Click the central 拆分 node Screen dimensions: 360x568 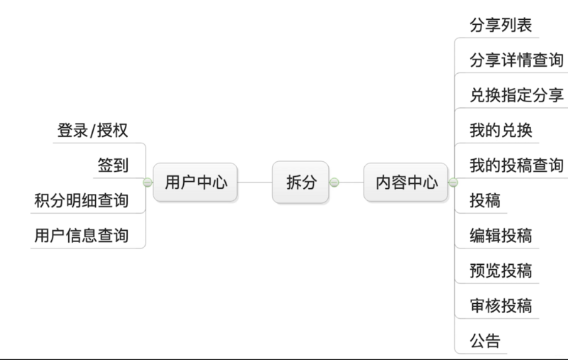pos(301,182)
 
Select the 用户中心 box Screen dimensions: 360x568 pos(195,182)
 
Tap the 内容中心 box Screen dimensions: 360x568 pos(406,182)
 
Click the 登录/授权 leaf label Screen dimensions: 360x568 pos(92,131)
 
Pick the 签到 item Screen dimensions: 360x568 pos(113,165)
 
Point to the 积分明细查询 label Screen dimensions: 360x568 pos(81,200)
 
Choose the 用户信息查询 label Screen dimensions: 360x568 pos(81,235)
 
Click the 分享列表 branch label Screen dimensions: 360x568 pos(501,26)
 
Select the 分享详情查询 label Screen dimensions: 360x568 pos(516,60)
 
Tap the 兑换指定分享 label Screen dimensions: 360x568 pos(516,95)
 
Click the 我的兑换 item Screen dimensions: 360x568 pos(501,131)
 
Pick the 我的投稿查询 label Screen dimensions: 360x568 pos(516,165)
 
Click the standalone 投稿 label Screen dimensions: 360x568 pos(485,200)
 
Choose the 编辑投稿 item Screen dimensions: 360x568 pos(501,235)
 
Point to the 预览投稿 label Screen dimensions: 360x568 pos(501,271)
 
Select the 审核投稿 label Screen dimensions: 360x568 pos(501,305)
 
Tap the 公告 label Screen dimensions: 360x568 pos(485,340)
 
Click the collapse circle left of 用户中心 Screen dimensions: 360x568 pos(148,182)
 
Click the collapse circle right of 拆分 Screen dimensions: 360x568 pos(334,182)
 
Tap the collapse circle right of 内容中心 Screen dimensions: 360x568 pos(453,182)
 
